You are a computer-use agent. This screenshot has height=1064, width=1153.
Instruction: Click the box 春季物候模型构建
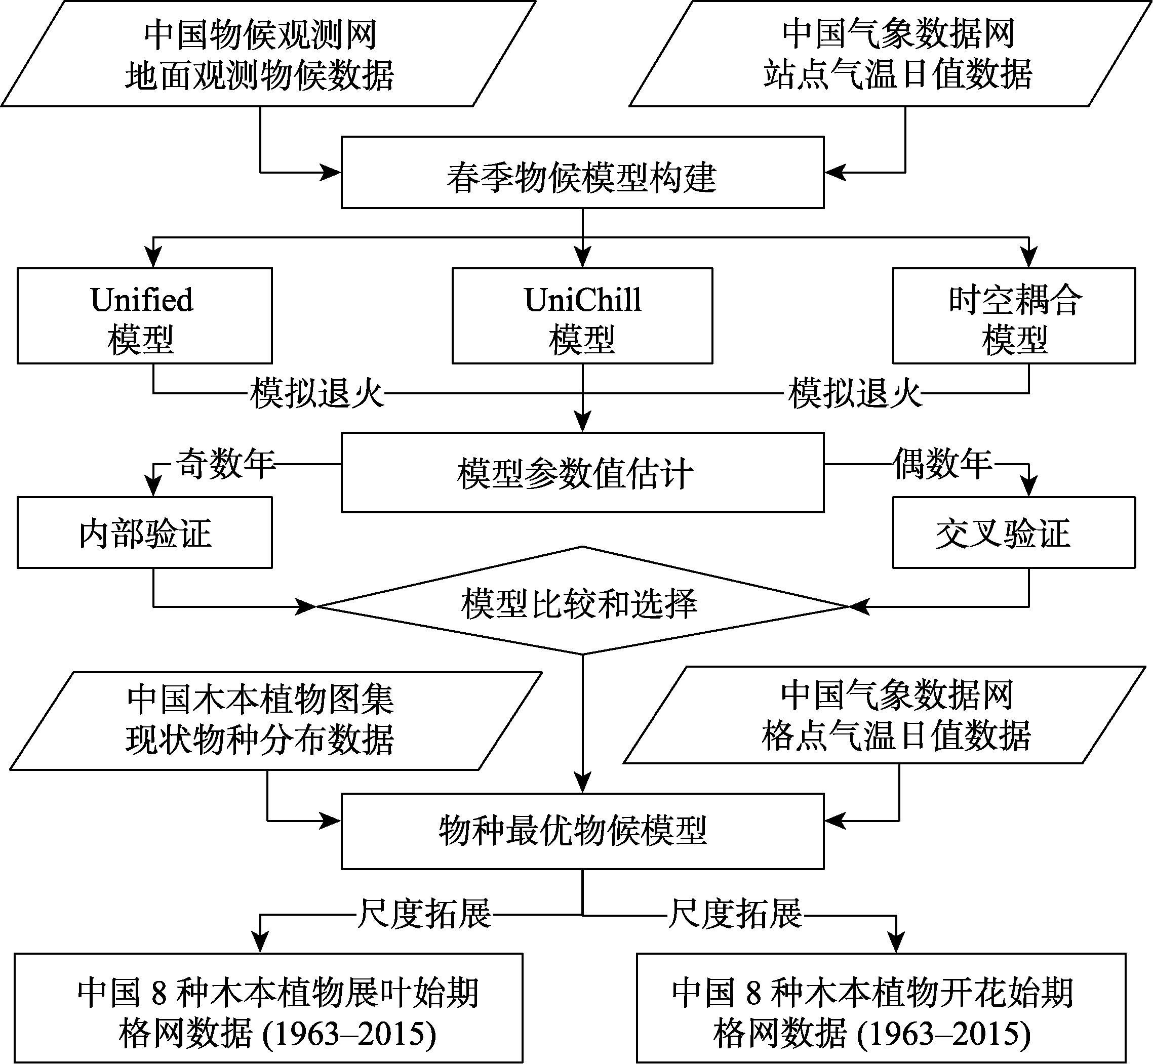(582, 172)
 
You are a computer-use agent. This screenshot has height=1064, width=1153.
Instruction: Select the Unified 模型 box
(144, 315)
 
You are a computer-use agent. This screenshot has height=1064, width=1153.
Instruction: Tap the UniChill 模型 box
(582, 315)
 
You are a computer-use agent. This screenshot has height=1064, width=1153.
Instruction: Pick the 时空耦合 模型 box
(1014, 315)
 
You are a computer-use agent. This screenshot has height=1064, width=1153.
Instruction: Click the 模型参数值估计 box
(582, 472)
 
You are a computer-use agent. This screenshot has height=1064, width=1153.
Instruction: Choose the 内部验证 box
(144, 533)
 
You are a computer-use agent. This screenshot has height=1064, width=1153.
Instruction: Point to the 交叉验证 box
(1014, 533)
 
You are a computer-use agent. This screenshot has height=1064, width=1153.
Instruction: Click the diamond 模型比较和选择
(582, 600)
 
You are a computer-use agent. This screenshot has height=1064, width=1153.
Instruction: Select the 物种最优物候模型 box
(582, 831)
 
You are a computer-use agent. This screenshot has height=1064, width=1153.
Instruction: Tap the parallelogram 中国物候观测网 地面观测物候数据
(268, 54)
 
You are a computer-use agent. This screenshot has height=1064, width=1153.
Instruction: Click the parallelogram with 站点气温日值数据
(889, 54)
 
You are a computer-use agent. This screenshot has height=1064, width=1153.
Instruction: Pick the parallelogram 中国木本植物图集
(276, 721)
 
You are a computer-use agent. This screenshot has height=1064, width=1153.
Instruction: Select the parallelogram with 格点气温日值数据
(885, 715)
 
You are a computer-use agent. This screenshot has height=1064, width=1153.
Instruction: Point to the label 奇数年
(226, 464)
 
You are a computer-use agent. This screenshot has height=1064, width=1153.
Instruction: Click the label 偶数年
(943, 464)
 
